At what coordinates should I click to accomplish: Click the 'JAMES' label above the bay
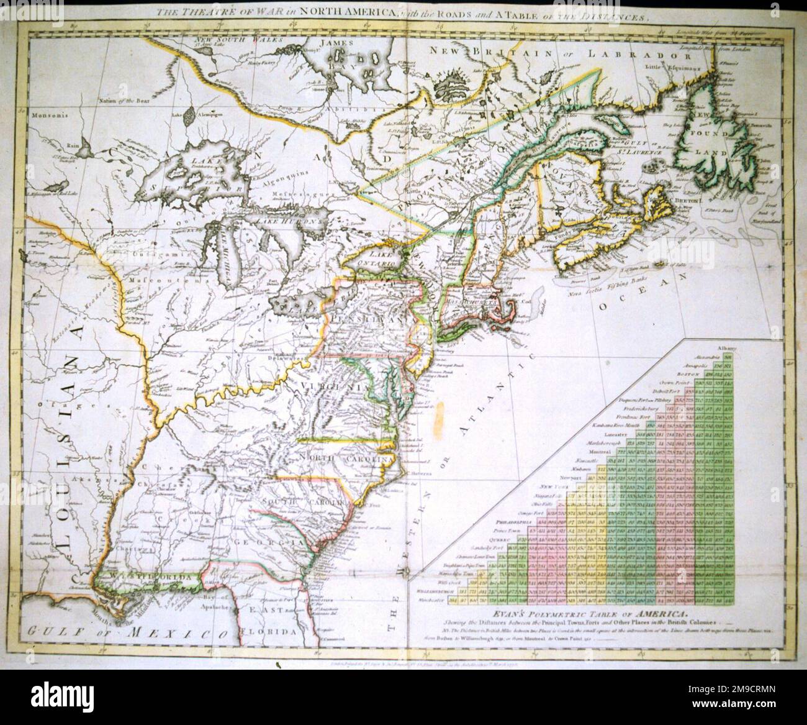tap(340, 43)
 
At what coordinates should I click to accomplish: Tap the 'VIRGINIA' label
tap(325, 387)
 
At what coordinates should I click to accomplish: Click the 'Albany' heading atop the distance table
tap(726, 347)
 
